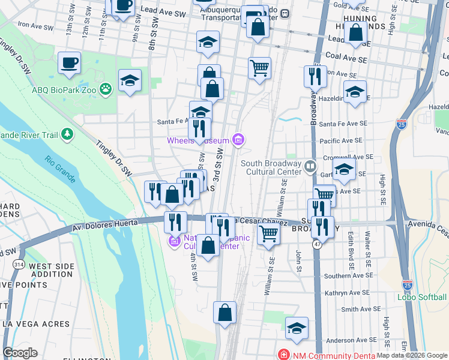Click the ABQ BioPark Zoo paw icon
pos(106,89)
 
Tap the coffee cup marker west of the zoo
pos(69,62)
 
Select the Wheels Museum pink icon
pos(239,140)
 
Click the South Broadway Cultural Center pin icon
pos(310,165)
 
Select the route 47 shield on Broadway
pos(316,245)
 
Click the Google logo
pos(20,353)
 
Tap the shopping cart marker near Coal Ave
pos(259,68)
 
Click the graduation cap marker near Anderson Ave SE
pos(297,328)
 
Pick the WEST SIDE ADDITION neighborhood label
pos(52,270)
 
